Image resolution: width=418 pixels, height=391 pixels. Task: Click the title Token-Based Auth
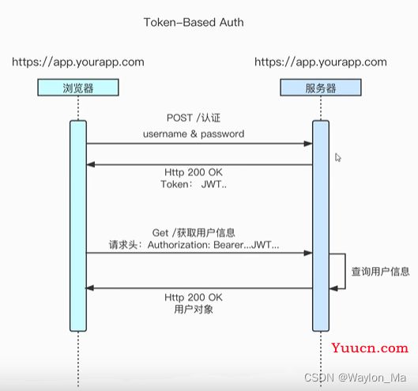click(194, 22)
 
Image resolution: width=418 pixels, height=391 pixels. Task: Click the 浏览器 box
click(78, 88)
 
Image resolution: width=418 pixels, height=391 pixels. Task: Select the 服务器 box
click(321, 88)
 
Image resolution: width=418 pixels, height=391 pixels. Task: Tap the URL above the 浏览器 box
click(78, 62)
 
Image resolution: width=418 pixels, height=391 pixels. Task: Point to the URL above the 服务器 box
click(321, 62)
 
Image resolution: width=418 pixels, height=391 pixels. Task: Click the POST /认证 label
click(194, 118)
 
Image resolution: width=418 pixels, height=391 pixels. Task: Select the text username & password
click(194, 133)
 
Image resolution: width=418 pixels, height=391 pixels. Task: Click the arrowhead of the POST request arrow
click(308, 144)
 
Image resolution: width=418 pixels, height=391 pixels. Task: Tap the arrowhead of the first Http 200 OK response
click(91, 165)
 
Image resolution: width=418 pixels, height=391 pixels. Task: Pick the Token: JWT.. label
click(194, 184)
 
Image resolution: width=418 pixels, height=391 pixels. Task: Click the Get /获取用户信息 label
click(194, 233)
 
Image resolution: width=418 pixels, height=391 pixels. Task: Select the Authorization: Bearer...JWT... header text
click(213, 245)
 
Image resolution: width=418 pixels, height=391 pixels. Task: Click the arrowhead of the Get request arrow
click(308, 253)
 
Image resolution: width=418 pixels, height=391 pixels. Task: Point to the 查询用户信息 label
click(380, 272)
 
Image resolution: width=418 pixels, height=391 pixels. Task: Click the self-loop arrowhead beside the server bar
click(333, 288)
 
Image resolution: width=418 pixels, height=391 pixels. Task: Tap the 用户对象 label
click(194, 310)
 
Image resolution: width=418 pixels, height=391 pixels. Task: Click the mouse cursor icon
click(338, 157)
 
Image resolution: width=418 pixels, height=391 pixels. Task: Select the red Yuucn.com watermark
click(370, 348)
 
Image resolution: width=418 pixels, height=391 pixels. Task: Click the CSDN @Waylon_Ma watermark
click(355, 378)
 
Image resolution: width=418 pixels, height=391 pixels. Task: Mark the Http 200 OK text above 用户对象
click(194, 298)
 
